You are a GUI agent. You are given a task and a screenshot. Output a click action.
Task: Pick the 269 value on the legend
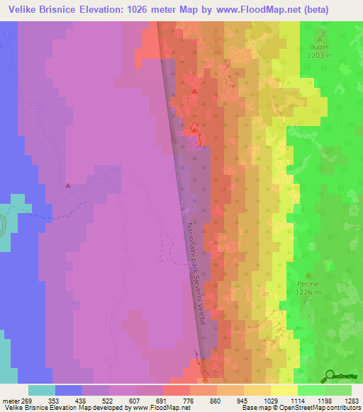[x=28, y=399]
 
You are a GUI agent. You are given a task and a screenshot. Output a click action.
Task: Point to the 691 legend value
[x=162, y=399]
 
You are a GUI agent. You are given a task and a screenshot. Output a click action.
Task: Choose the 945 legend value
[x=243, y=399]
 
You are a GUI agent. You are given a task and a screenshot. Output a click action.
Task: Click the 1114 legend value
[x=297, y=399]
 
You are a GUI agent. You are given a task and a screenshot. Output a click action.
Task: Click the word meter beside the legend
[x=11, y=399]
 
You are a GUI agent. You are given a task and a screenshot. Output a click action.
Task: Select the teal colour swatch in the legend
[x=42, y=390]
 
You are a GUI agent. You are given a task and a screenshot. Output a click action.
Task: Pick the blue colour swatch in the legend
[x=69, y=390]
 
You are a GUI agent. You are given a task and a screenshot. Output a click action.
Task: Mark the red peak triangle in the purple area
[x=68, y=186]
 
